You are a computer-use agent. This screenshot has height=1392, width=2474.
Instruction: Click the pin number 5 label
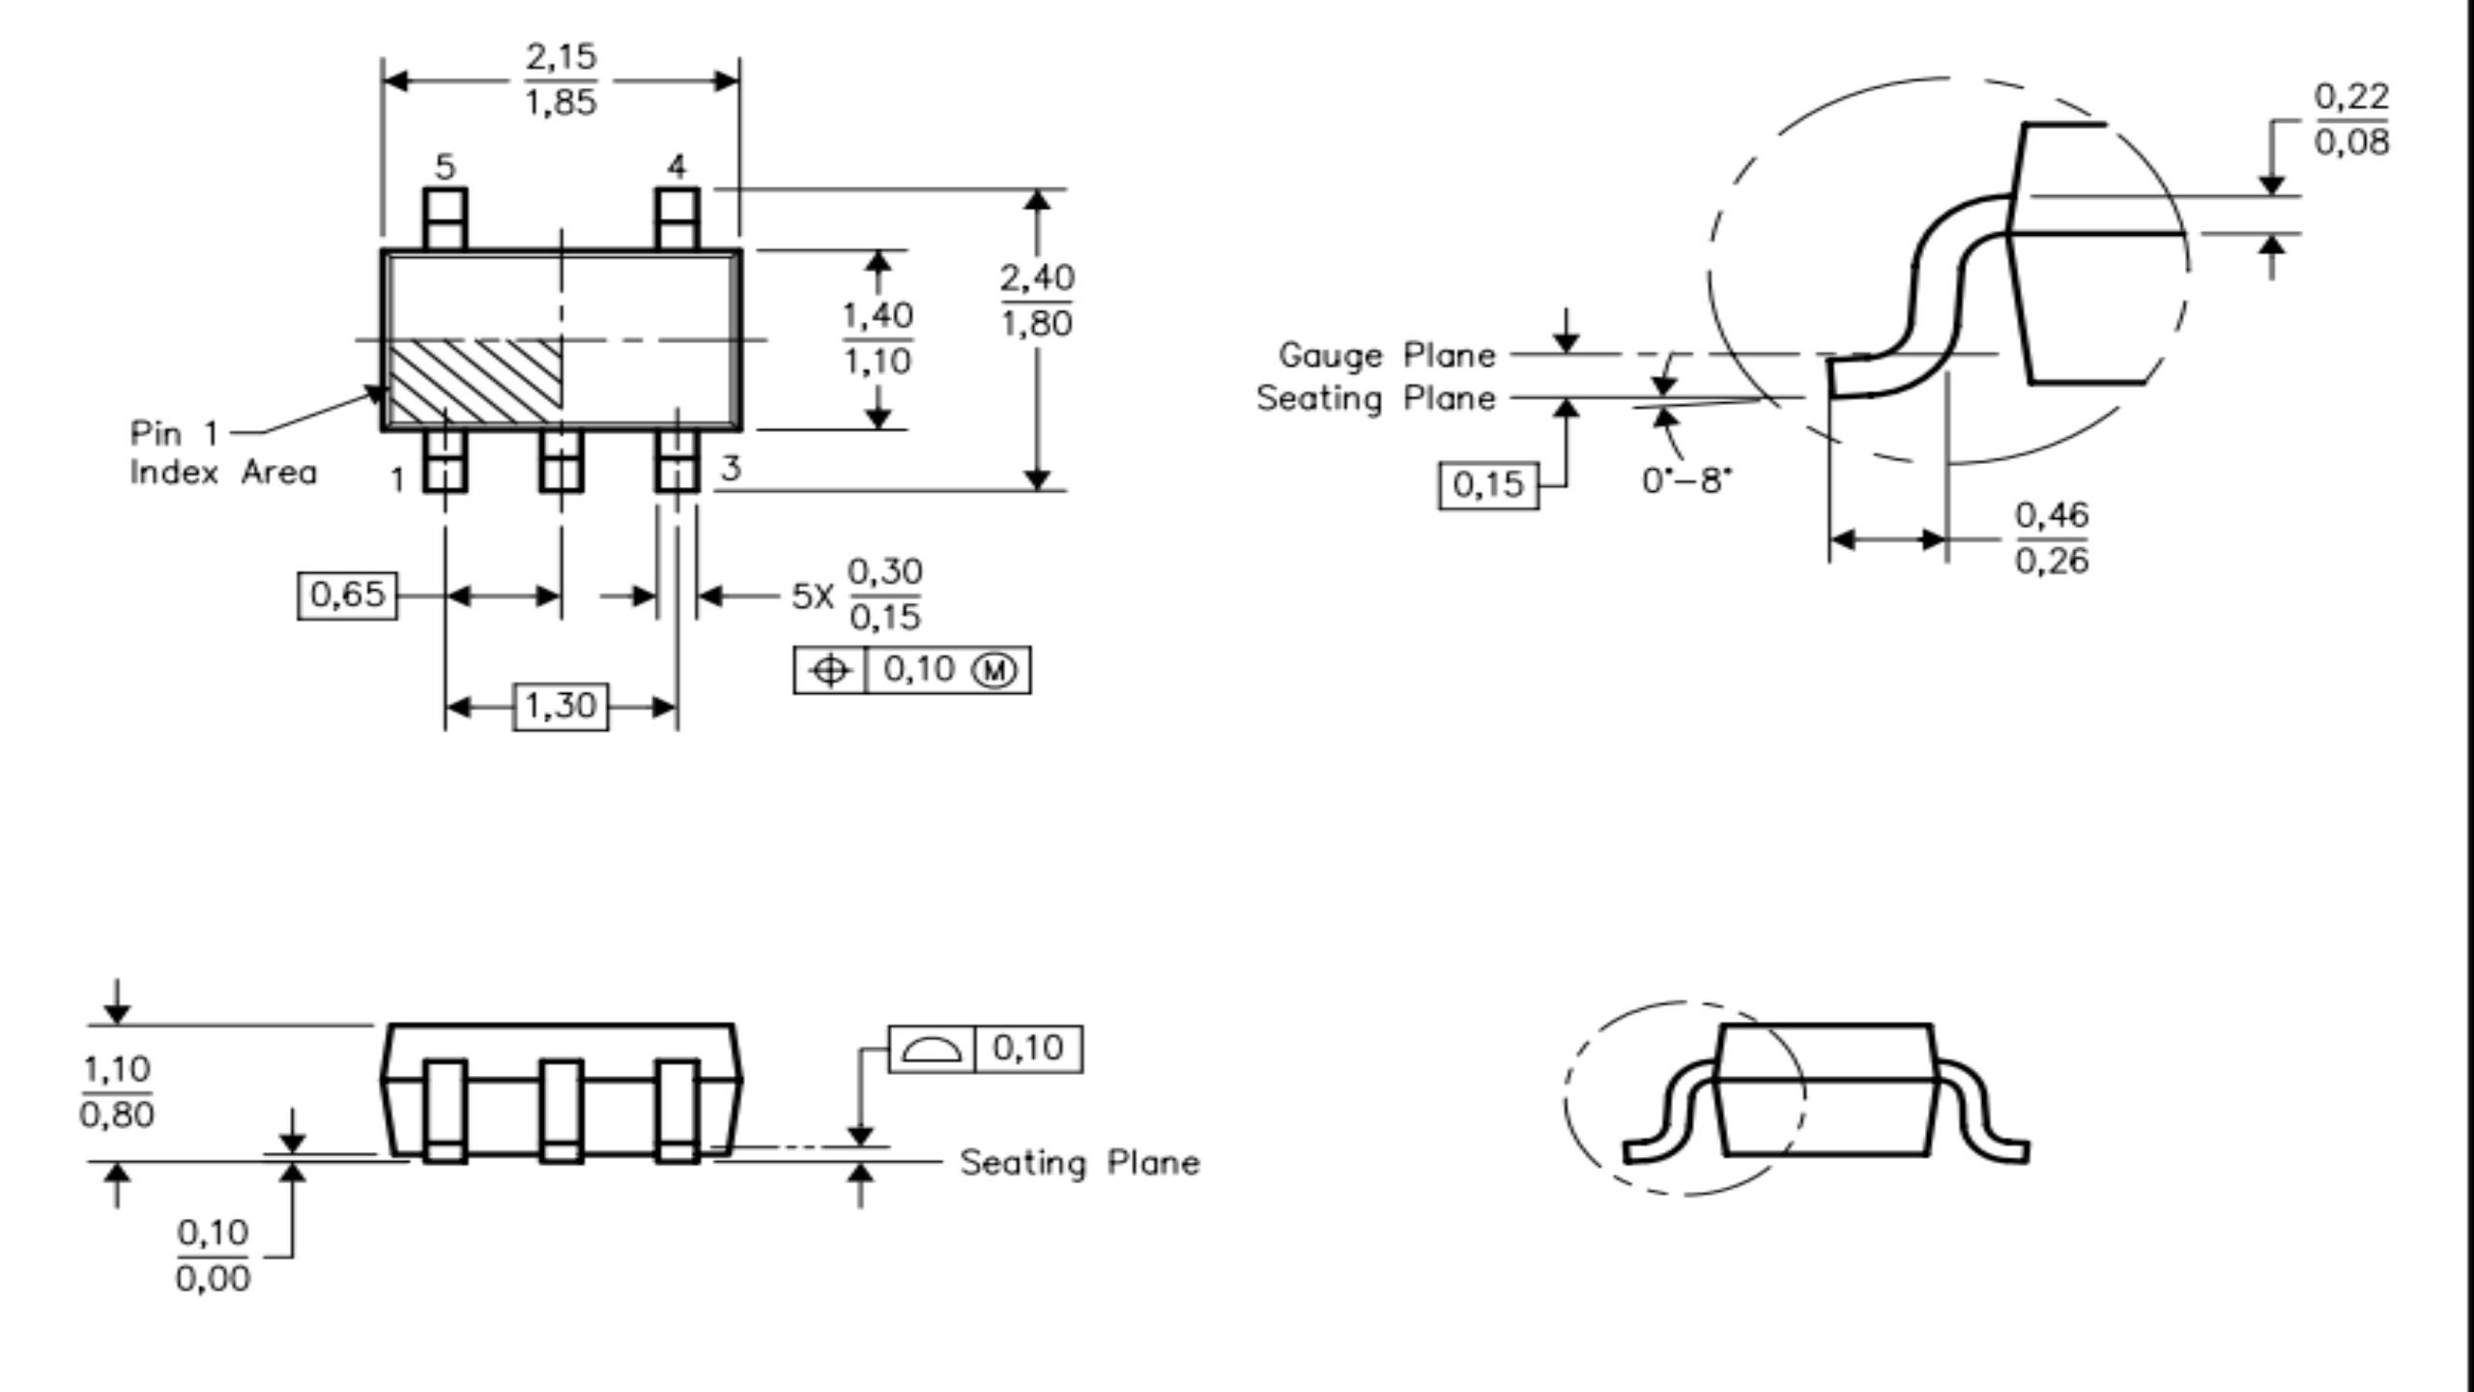click(445, 166)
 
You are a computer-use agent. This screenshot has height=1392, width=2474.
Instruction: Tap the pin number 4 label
click(676, 166)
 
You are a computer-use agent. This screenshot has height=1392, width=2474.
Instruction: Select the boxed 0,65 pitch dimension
click(347, 594)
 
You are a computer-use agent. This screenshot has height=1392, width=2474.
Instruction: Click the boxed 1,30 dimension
click(561, 707)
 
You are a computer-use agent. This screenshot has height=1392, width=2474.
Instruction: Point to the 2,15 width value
click(561, 57)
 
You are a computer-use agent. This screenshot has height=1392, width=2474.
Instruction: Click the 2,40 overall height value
click(1037, 278)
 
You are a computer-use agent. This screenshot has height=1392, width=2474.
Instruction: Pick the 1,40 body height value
click(877, 315)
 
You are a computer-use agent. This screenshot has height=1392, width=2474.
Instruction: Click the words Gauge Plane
click(1387, 355)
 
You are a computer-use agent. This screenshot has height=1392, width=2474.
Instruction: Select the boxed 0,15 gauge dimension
click(1488, 485)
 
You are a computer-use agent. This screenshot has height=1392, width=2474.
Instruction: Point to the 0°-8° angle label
click(1687, 480)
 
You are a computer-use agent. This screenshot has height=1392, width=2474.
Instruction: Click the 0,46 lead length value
click(2052, 515)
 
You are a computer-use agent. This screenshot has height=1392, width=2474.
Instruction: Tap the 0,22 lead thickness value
click(2351, 97)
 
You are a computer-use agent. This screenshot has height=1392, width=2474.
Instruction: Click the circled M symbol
click(994, 670)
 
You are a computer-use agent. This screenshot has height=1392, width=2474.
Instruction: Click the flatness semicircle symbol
click(932, 1050)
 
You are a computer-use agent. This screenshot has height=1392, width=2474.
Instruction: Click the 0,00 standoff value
click(213, 1279)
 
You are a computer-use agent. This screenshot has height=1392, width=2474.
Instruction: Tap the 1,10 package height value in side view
click(117, 1069)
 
